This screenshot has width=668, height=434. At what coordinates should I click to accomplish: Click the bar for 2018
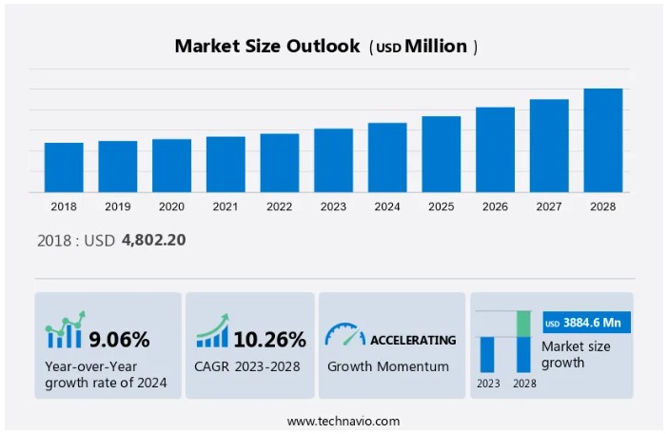[x=64, y=168]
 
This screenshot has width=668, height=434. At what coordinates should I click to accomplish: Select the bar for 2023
[x=333, y=160]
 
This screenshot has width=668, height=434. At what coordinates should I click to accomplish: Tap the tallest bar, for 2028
[x=602, y=140]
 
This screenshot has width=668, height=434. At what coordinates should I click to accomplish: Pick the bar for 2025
[x=442, y=154]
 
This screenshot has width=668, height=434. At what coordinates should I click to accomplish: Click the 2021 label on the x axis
[x=226, y=207]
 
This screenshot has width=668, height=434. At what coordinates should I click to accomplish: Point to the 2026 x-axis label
[x=495, y=207]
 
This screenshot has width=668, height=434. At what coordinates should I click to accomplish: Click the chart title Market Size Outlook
[x=267, y=46]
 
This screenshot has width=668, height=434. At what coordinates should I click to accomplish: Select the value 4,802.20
[x=153, y=240]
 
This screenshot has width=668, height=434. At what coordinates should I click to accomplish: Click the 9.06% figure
[x=119, y=340]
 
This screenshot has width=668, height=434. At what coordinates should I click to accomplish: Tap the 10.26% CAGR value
[x=271, y=340]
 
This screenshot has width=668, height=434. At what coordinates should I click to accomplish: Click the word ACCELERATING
[x=413, y=340]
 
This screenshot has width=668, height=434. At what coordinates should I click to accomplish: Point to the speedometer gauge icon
[x=344, y=335]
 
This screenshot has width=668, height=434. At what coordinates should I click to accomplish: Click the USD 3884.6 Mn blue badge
[x=587, y=323]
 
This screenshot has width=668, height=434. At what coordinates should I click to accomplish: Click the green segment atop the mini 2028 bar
[x=523, y=324]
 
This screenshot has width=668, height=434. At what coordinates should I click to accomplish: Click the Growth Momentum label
[x=388, y=366]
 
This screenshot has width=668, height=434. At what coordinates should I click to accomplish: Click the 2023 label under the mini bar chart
[x=487, y=384]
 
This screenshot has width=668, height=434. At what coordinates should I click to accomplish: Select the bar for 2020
[x=171, y=166]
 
